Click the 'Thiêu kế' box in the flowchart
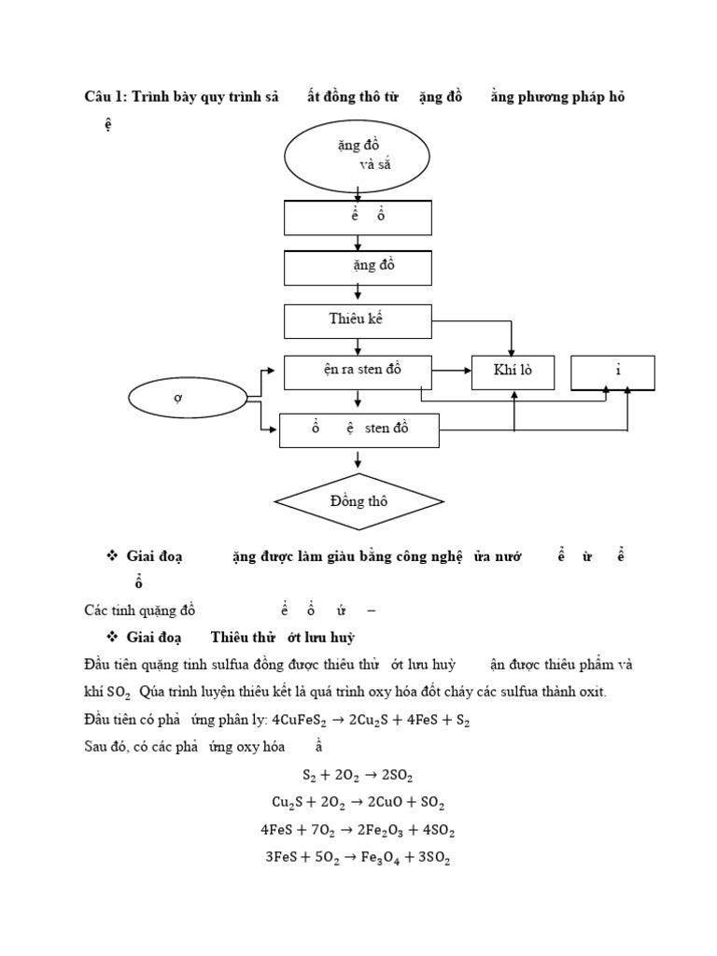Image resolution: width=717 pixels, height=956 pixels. click(x=358, y=319)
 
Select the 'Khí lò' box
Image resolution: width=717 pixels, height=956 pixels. click(x=513, y=372)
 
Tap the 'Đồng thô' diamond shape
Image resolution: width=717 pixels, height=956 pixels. click(x=358, y=501)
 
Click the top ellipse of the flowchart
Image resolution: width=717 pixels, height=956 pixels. click(x=358, y=156)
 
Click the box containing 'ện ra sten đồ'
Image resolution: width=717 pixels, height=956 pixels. click(x=358, y=370)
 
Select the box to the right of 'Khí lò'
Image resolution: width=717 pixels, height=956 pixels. click(x=612, y=372)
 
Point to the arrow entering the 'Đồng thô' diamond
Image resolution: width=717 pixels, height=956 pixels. click(x=358, y=460)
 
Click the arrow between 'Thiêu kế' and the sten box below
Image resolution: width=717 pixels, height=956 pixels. click(x=358, y=345)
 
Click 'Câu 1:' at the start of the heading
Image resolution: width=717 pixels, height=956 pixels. click(x=105, y=98)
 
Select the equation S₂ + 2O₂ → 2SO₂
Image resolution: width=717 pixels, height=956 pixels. click(x=358, y=775)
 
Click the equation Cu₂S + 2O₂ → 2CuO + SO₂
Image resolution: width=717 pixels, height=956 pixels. click(x=358, y=802)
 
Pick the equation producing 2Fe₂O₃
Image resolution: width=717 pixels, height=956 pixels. click(x=358, y=830)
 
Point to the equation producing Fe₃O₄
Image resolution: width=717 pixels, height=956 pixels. click(x=358, y=858)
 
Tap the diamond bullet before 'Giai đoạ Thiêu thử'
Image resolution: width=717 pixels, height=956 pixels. click(x=111, y=637)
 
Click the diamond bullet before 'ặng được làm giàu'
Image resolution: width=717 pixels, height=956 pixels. click(x=111, y=555)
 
